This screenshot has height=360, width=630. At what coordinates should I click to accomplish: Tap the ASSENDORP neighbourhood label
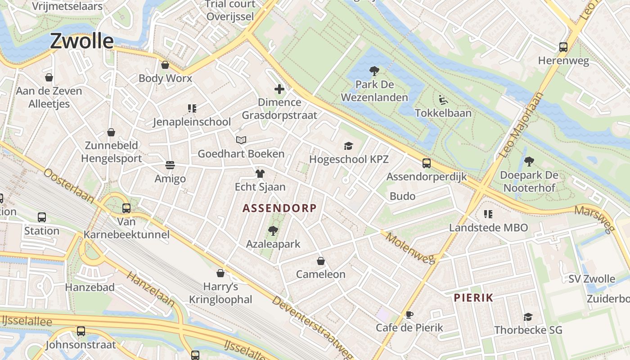[279, 208]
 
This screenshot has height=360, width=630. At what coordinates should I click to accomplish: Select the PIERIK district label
[473, 297]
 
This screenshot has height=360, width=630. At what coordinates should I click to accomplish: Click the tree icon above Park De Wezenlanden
[374, 71]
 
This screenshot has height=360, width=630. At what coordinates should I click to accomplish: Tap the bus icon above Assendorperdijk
[426, 163]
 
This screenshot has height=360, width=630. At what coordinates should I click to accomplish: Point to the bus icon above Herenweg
[563, 47]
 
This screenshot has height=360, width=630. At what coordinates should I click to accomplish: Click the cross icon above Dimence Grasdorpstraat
[279, 89]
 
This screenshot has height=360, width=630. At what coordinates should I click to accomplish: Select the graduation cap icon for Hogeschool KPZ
[349, 146]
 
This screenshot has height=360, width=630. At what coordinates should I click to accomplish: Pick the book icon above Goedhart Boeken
[241, 140]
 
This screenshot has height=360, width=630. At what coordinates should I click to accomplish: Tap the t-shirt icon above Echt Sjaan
[260, 173]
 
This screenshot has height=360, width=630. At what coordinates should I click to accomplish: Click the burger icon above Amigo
[170, 165]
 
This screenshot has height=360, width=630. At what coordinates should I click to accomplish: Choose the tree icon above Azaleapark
[273, 231]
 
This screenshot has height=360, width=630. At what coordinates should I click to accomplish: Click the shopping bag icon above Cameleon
[321, 261]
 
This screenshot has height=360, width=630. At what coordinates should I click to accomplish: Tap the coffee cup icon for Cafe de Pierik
[409, 315]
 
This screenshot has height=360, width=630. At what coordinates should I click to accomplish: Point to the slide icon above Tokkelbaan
[443, 99]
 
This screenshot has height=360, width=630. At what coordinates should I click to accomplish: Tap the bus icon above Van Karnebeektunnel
[126, 208]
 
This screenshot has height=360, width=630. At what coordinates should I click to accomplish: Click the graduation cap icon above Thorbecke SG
[528, 317]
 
